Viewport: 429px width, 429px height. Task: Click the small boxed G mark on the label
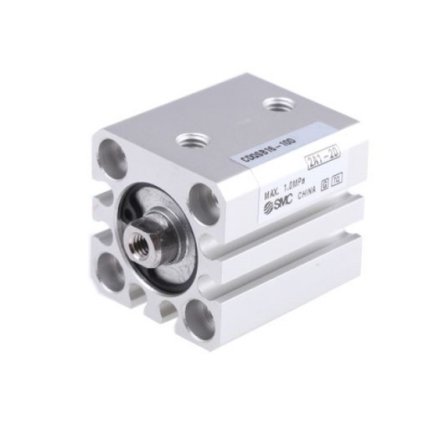pos(323,178)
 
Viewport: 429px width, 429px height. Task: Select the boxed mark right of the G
pos(333,173)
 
